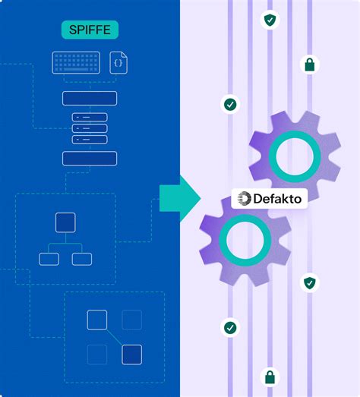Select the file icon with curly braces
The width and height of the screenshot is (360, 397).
tap(118, 62)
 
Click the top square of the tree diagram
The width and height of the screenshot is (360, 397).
tap(65, 222)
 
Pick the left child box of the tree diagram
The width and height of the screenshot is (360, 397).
tap(49, 259)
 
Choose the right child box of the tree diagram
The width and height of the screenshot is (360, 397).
tap(81, 259)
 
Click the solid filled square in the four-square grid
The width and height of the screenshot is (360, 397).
tap(131, 354)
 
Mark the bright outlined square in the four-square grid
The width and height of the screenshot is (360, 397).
tap(96, 320)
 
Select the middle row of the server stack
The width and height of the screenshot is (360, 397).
tap(90, 128)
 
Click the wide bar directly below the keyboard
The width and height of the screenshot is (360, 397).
tap(90, 98)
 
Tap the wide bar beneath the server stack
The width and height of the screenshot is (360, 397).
tap(90, 158)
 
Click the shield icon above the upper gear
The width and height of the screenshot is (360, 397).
tap(270, 20)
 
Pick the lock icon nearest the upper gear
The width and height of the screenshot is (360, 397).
tap(309, 65)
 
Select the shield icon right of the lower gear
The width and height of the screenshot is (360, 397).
tap(309, 283)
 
